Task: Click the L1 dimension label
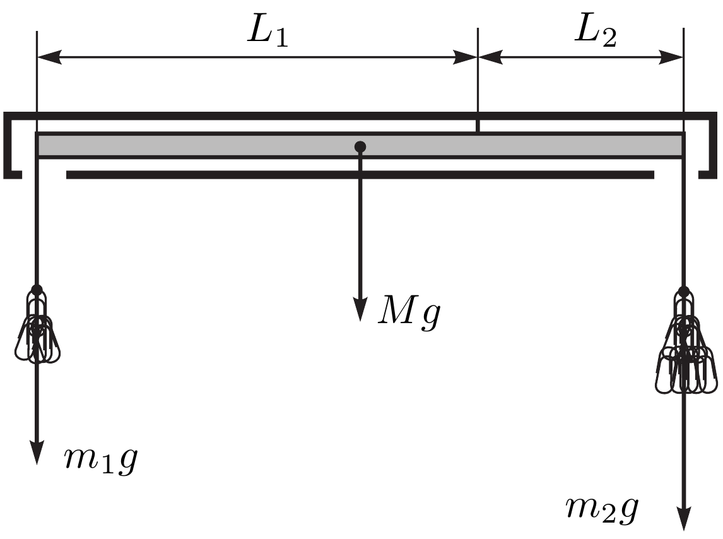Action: (x=268, y=32)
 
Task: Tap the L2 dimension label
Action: (x=596, y=32)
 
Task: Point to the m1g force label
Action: (x=101, y=461)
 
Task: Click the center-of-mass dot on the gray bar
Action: (x=360, y=147)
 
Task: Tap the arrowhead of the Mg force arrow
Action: (x=360, y=310)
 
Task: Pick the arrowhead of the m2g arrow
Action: (x=685, y=519)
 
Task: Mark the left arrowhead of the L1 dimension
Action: (x=49, y=57)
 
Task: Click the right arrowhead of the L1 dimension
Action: (x=465, y=57)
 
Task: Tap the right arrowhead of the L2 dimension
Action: (x=671, y=57)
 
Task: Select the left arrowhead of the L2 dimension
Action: (x=490, y=57)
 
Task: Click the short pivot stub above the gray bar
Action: (x=478, y=126)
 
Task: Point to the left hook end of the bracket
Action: (x=13, y=174)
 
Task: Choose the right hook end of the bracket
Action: (x=708, y=174)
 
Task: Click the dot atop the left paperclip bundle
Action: (x=37, y=290)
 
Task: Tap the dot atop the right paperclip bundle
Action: (x=685, y=292)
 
